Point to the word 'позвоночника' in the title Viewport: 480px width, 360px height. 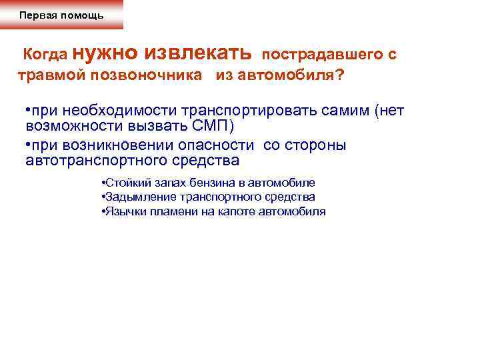[x=157, y=75]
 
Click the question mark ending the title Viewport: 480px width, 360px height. [x=341, y=75]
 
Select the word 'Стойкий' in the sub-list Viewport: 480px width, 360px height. [x=121, y=183]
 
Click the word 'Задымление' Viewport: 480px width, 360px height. [x=131, y=197]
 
